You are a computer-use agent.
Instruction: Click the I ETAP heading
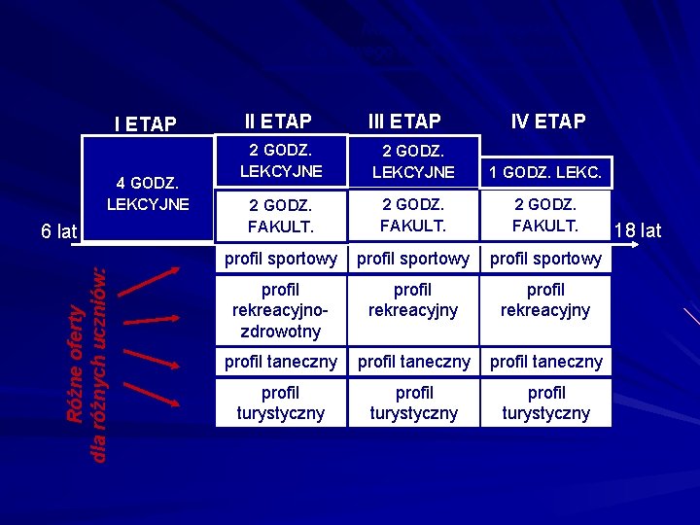click(145, 123)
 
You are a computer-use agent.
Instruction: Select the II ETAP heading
click(278, 122)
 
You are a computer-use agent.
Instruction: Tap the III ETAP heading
click(404, 122)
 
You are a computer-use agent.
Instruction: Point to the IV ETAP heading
click(548, 122)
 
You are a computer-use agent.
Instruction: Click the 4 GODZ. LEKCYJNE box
click(148, 193)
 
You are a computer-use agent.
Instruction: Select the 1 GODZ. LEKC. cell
click(545, 173)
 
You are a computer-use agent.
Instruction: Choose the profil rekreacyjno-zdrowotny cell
click(281, 310)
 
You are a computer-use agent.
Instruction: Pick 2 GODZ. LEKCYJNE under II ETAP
click(280, 161)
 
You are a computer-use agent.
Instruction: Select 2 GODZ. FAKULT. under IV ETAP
click(545, 215)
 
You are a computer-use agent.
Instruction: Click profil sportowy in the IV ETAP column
click(545, 259)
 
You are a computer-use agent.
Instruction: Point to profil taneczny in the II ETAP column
click(281, 362)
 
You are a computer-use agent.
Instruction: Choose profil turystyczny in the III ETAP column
click(414, 402)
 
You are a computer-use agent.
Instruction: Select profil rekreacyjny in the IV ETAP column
click(545, 300)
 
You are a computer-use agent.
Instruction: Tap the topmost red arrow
click(148, 277)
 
